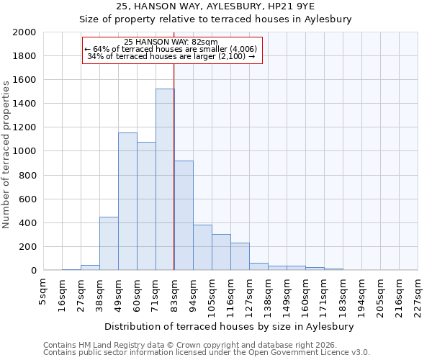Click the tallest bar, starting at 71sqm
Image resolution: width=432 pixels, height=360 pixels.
165,180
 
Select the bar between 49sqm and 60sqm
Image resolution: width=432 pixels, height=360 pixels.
127,202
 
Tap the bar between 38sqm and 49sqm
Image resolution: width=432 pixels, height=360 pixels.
109,243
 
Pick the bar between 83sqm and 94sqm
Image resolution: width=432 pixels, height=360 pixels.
184,216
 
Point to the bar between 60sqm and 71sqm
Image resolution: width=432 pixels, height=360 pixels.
146,206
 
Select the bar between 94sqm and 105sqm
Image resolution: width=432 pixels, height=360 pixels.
202,248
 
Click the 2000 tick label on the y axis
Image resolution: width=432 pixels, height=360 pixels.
25,32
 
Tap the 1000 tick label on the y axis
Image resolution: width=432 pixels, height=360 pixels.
25,151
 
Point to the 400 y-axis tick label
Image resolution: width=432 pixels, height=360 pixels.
28,223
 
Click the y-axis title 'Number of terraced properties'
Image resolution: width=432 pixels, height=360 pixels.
6,155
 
